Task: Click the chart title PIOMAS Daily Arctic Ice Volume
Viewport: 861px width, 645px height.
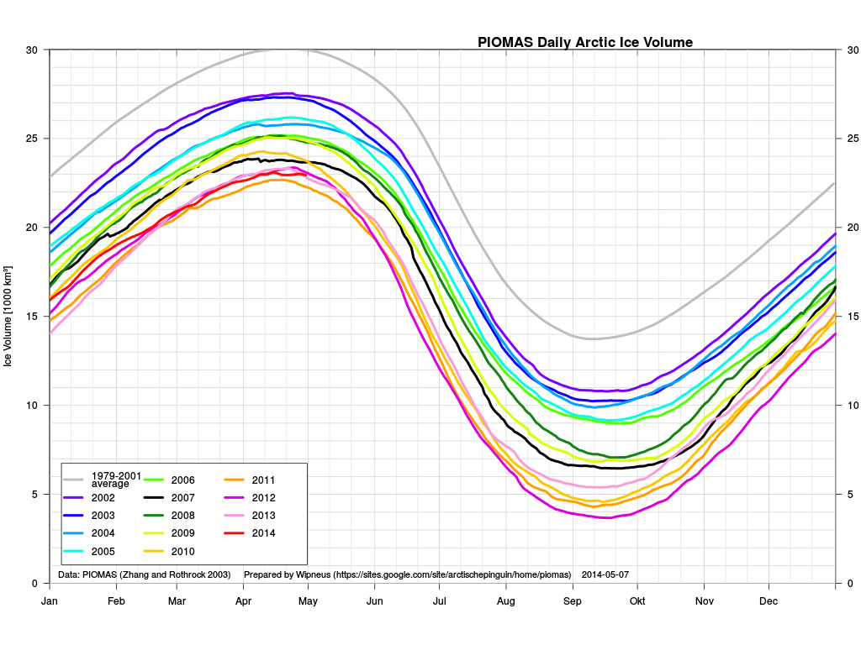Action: (x=585, y=42)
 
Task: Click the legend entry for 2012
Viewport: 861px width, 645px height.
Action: (x=251, y=497)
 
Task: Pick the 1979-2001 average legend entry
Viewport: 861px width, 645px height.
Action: (x=103, y=480)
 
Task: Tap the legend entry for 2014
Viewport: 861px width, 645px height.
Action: (x=251, y=532)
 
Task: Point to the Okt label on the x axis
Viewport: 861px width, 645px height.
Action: (x=637, y=601)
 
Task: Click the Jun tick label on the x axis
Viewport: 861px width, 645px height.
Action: (x=374, y=601)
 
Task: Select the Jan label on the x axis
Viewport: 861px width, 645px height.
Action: (x=50, y=601)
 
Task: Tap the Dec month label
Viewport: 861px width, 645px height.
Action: (x=769, y=601)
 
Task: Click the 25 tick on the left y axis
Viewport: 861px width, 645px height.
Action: (x=32, y=139)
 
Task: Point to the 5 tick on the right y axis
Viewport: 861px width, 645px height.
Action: (x=850, y=494)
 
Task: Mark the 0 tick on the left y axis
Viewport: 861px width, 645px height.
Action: (x=34, y=584)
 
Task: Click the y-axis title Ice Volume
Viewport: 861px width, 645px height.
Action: (x=8, y=317)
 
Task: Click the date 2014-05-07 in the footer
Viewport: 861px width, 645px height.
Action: (x=605, y=574)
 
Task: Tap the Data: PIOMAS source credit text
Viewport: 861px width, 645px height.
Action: (x=145, y=574)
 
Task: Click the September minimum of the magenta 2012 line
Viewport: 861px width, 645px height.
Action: (x=608, y=517)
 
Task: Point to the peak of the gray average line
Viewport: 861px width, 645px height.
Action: (x=286, y=50)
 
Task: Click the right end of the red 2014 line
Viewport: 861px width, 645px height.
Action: (x=306, y=175)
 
